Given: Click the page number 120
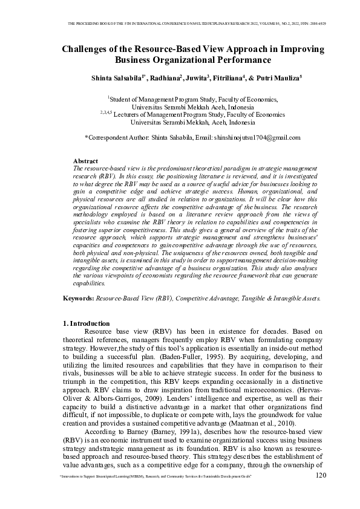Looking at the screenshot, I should tap(321, 476).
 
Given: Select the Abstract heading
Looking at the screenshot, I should tap(85, 161).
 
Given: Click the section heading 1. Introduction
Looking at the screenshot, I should tap(87, 324).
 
